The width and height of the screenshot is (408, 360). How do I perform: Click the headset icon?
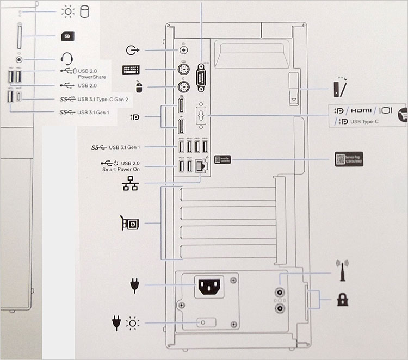click(x=67, y=58)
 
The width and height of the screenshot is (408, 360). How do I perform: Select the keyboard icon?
click(x=131, y=70)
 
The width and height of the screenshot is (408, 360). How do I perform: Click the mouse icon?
click(x=139, y=87)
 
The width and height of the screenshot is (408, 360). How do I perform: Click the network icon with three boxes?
click(x=131, y=185)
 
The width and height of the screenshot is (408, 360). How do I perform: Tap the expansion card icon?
click(x=130, y=223)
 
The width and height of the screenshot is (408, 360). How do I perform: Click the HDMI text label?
click(x=361, y=110)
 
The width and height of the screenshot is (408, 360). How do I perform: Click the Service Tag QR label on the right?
click(x=349, y=159)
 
